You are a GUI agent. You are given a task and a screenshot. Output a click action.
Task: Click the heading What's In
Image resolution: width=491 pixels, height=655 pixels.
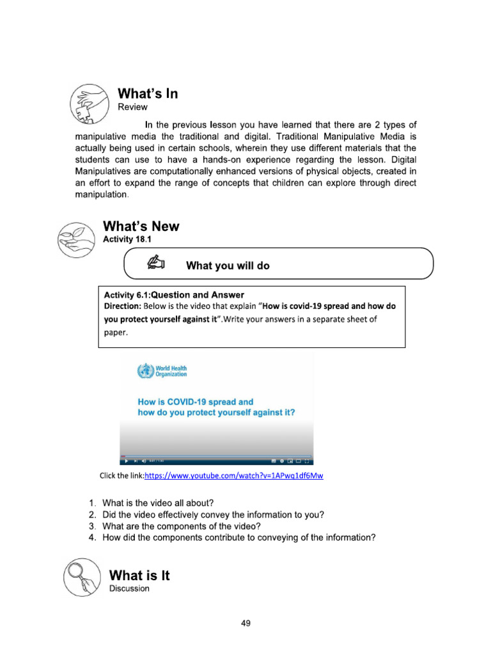148,94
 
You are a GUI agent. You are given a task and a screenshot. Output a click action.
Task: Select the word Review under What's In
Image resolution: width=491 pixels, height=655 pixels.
132,107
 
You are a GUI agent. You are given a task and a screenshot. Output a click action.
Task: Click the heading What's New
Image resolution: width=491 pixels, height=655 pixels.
141,226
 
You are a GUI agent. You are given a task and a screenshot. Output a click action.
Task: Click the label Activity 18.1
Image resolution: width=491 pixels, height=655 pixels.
127,239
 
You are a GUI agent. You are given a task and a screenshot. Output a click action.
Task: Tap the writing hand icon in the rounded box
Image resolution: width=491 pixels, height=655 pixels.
155,263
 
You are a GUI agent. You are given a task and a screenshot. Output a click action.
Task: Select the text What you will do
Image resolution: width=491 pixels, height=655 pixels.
228,265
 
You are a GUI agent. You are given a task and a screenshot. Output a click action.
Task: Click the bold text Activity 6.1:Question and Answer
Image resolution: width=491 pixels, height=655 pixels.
174,295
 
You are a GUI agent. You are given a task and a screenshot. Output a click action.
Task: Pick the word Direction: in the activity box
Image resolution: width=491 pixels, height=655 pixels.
123,306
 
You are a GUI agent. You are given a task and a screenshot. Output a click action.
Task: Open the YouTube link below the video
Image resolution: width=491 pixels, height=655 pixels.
234,476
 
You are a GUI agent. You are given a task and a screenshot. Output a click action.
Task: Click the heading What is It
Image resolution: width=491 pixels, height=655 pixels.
140,575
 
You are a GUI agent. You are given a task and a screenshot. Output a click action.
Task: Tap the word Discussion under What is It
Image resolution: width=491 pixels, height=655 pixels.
130,588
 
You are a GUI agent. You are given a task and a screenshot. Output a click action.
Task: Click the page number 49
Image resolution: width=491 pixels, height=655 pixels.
245,624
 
